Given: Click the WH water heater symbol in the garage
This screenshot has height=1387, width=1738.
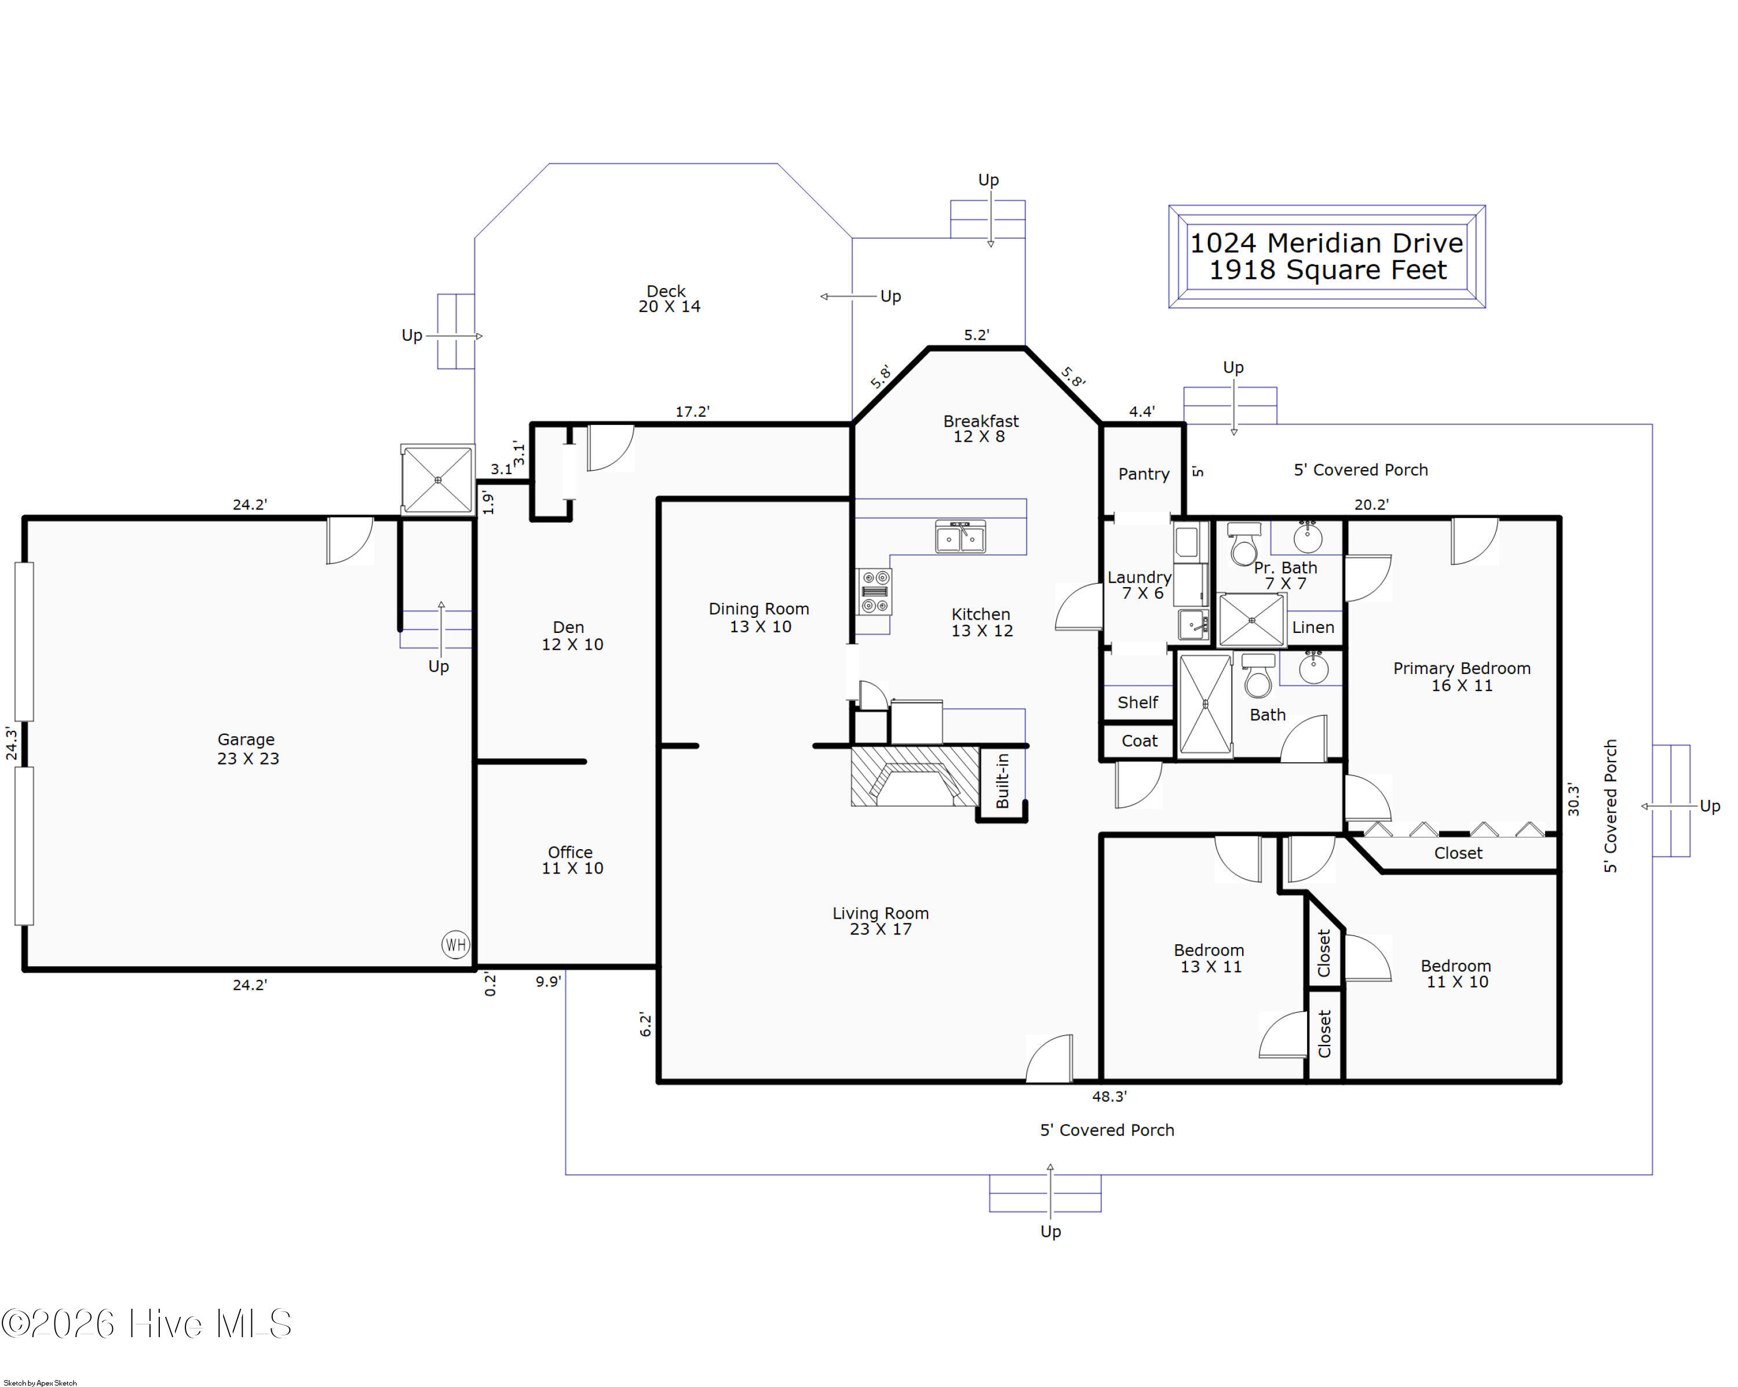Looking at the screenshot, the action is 455,944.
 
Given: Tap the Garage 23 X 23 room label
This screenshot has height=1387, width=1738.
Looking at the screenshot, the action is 247,748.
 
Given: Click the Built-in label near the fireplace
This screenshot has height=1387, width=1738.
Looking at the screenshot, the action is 1003,781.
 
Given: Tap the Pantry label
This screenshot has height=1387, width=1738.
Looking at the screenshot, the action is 1143,474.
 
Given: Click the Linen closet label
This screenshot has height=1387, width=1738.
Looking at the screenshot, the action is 1313,627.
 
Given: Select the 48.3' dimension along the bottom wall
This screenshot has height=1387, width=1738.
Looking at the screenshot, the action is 1109,1097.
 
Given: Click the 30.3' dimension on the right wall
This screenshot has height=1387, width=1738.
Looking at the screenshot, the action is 1573,799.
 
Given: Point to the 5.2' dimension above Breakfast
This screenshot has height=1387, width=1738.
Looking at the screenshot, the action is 976,334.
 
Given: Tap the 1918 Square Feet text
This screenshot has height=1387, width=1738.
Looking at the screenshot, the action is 1328,270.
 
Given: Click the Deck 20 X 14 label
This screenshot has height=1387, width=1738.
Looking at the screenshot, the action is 669,298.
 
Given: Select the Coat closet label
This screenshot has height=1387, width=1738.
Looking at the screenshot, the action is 1139,741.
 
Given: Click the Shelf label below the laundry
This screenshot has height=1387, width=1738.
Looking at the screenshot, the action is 1137,702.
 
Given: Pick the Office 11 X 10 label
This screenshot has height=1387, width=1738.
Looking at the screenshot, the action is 572,860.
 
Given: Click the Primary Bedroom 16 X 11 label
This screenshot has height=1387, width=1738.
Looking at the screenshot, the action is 1462,676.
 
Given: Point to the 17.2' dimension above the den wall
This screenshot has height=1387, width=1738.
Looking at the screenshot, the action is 692,412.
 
